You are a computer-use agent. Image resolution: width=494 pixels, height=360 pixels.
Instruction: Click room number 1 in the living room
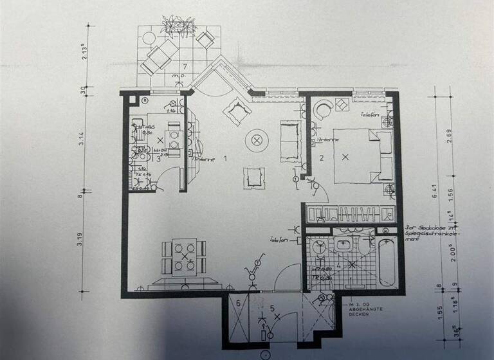pos(225,157)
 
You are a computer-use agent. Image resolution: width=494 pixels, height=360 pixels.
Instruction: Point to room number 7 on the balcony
pos(185,66)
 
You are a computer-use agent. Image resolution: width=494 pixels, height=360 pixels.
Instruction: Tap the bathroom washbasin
pos(343,245)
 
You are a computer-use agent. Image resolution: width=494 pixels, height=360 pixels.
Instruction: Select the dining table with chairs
pos(185,258)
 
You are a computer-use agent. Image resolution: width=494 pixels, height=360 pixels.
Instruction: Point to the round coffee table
pos(258,139)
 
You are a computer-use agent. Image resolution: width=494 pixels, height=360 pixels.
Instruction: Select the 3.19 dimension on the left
pos(82,239)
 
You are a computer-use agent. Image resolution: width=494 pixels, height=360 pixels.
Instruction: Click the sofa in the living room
pos(289,141)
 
